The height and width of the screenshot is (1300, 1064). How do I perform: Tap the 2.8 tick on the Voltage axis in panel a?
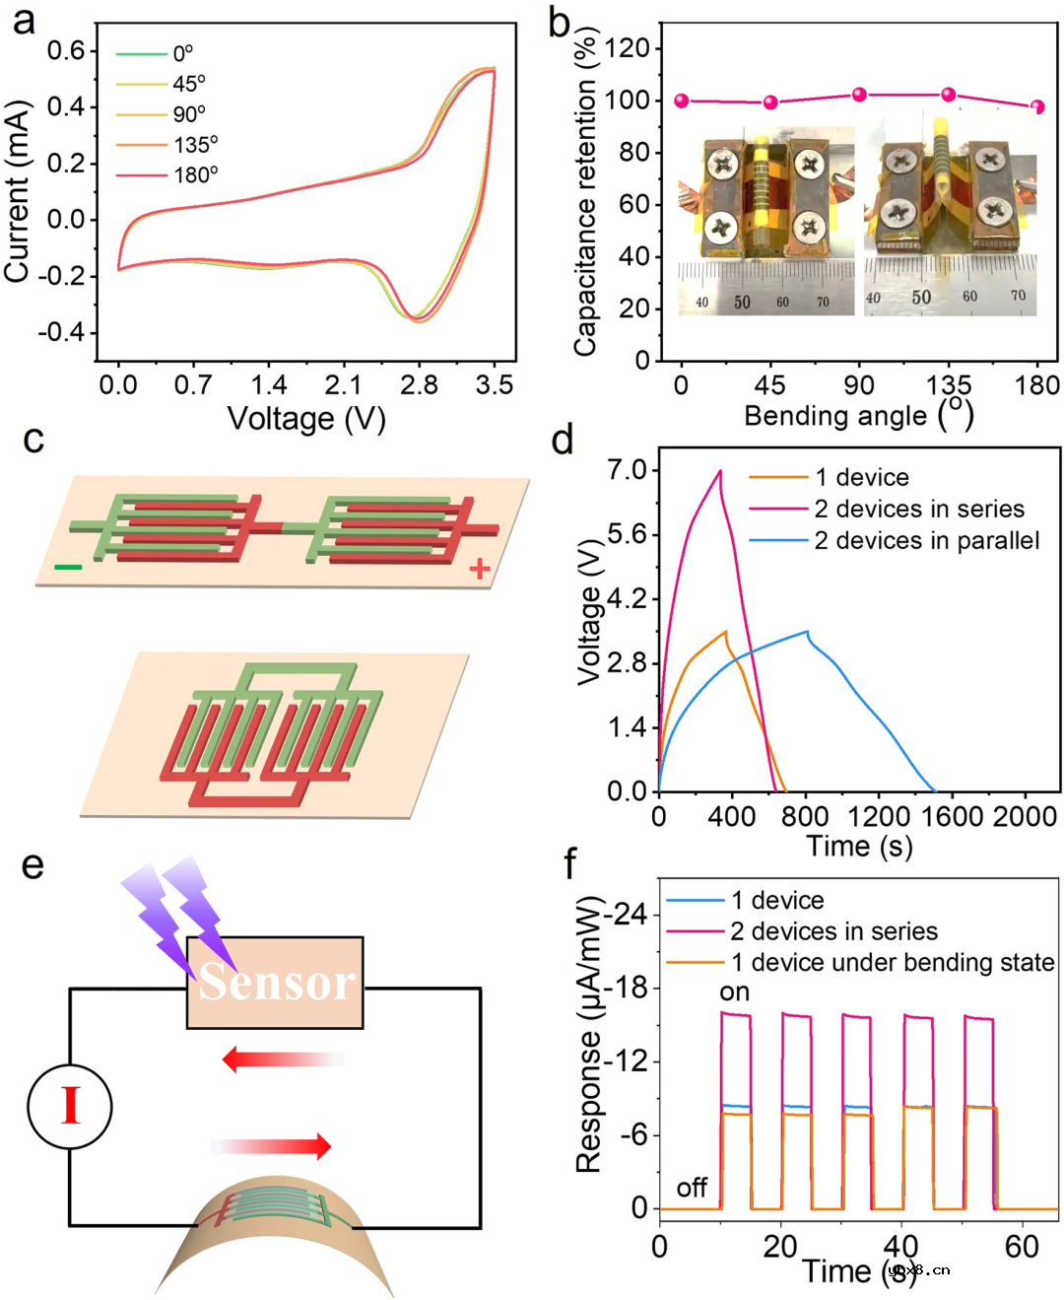pos(419,385)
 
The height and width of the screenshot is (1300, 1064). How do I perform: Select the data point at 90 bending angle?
pos(859,95)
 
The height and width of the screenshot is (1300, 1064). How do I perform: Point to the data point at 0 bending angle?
pos(682,101)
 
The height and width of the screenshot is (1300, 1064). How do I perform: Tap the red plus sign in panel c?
pos(480,569)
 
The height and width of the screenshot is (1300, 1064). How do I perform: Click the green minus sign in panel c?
pos(68,567)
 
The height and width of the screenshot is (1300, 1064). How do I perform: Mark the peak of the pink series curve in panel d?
pos(720,471)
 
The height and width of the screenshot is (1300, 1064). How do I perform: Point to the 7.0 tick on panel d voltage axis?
pos(627,470)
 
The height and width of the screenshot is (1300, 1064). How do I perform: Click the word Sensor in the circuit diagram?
pos(276,982)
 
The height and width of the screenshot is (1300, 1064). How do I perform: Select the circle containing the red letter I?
pos(70,1106)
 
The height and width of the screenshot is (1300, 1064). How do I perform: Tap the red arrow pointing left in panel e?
pos(281,1060)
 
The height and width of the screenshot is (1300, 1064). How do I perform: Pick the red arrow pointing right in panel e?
pos(272,1146)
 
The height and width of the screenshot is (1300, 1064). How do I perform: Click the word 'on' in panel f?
pos(735,992)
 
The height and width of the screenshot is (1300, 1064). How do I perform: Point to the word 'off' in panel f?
pos(692,1188)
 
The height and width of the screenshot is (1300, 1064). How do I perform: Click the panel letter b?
pos(560,22)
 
